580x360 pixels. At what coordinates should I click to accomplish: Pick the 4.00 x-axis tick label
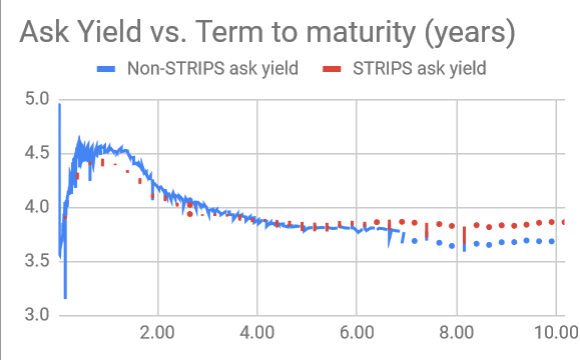click(257, 332)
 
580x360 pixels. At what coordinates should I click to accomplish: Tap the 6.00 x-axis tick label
click(357, 332)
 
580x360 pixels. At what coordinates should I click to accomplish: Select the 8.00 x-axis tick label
click(457, 332)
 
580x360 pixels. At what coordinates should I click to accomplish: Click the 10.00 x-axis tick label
click(553, 332)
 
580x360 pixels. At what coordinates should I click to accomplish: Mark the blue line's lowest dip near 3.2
click(65, 296)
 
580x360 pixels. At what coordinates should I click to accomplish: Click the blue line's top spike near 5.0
click(60, 105)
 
